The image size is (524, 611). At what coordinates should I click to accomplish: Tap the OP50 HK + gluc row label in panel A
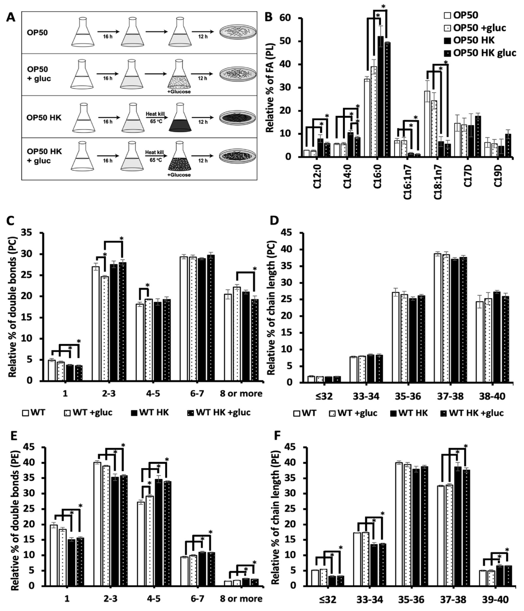click(44, 156)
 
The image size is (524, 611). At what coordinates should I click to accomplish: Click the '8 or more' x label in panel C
click(241, 394)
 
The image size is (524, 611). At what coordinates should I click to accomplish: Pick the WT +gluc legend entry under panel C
click(88, 412)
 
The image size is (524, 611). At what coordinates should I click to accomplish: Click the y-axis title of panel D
click(272, 308)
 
